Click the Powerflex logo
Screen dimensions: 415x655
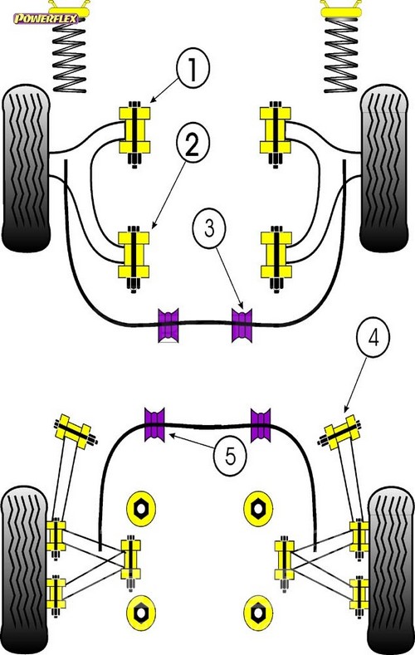(46, 18)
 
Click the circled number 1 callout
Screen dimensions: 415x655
(193, 69)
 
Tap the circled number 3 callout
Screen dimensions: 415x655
(209, 229)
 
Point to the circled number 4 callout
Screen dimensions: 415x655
(373, 337)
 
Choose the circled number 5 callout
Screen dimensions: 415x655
(230, 456)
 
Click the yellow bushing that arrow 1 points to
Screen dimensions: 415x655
(134, 130)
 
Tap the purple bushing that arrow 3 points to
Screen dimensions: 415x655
(242, 325)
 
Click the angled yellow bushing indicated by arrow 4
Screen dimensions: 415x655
(342, 432)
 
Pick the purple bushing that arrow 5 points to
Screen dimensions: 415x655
(154, 424)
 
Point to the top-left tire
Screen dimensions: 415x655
(26, 168)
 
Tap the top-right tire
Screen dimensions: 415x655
(383, 168)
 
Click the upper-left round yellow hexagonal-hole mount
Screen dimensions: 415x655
(141, 508)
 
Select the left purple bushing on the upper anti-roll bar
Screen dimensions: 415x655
(168, 325)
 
